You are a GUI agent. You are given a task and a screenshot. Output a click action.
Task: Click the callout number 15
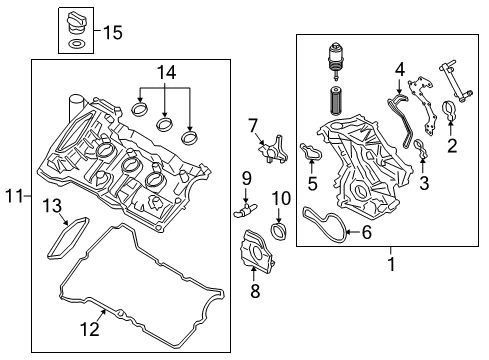[112, 33]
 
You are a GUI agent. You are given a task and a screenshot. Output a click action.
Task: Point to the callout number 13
[51, 205]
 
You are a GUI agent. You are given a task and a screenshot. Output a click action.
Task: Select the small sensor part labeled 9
[243, 211]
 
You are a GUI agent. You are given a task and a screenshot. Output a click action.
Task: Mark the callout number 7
[254, 125]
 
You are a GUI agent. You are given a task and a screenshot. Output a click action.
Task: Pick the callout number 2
[451, 147]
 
